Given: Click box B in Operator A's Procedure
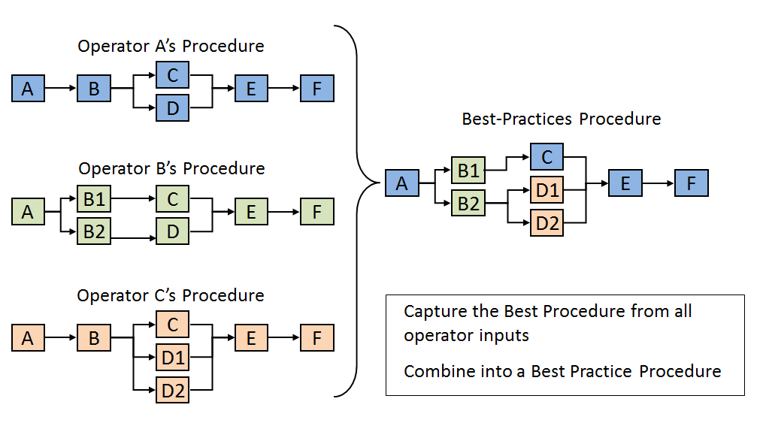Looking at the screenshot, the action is (94, 89).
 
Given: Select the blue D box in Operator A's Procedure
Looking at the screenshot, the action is (172, 108).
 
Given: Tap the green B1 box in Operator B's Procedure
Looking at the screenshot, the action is (94, 198).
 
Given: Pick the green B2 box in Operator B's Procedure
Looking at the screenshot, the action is (94, 231).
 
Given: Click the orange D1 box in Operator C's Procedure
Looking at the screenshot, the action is (172, 358).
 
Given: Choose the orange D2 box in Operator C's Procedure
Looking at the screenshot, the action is (172, 390).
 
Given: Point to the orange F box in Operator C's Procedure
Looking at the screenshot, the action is (317, 338).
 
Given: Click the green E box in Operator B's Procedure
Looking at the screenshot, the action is (251, 211).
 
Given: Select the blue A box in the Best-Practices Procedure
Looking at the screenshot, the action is (402, 183).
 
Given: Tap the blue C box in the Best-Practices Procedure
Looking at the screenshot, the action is (546, 157).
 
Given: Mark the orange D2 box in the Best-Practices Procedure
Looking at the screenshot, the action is (546, 223).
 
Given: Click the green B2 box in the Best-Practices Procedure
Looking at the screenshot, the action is (468, 203).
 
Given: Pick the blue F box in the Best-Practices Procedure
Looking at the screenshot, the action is (692, 183).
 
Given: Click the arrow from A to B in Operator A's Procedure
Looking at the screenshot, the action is (61, 88).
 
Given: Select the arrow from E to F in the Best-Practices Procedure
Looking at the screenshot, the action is (658, 183).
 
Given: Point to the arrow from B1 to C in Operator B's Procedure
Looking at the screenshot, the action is (133, 198).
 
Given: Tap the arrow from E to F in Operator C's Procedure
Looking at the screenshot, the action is (284, 337).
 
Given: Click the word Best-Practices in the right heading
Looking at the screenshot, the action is (517, 119).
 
